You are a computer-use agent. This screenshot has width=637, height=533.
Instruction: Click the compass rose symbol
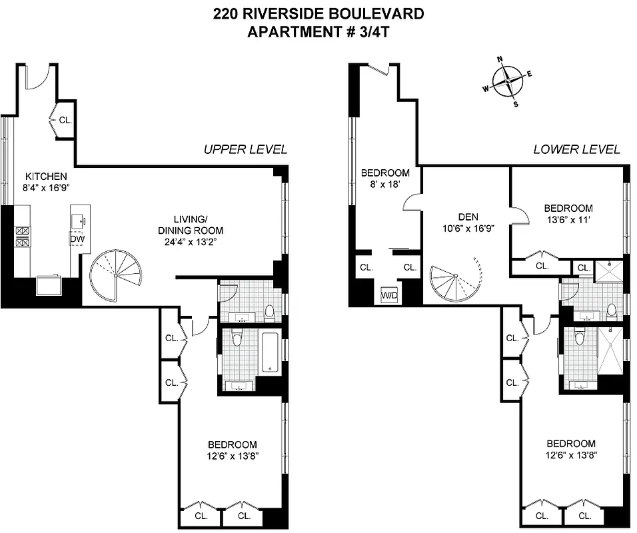tap(508, 81)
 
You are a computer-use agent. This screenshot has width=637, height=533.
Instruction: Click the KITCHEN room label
tap(46, 177)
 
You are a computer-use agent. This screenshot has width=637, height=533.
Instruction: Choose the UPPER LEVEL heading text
tap(245, 149)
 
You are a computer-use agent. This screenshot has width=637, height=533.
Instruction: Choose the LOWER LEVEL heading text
tap(576, 149)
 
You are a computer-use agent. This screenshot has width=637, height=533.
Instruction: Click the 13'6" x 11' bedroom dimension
tap(568, 219)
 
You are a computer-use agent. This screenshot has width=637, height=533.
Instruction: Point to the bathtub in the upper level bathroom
tap(269, 353)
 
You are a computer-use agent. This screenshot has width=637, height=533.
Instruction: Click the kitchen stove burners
tap(22, 237)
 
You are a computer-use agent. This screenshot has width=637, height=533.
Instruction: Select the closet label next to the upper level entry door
tap(65, 121)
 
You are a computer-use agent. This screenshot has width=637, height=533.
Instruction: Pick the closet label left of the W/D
tap(366, 267)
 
